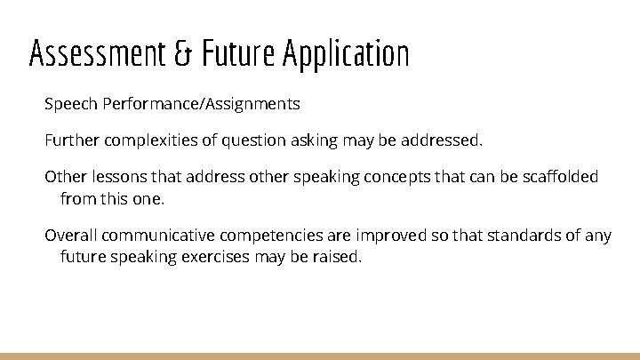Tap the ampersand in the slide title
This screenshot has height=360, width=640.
pyautogui.click(x=182, y=53)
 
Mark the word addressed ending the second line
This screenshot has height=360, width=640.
pyautogui.click(x=442, y=140)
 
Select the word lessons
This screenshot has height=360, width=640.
pyautogui.click(x=113, y=177)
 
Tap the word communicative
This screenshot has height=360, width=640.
pyautogui.click(x=155, y=236)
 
